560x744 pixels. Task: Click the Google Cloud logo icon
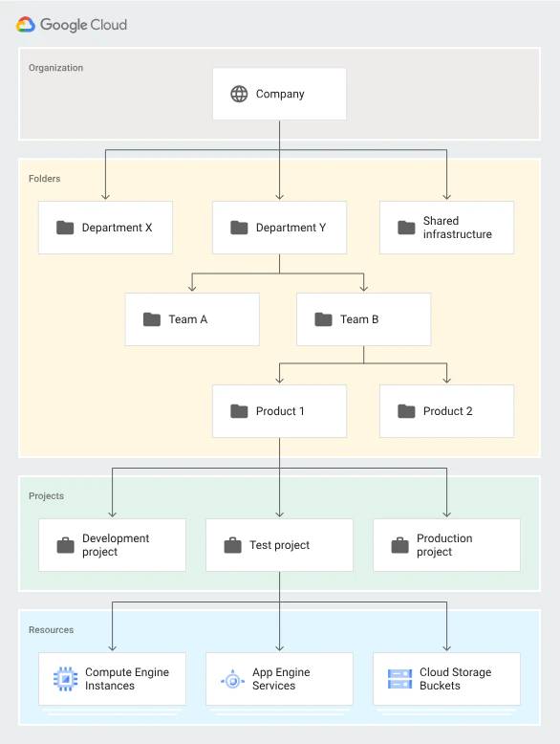(x=26, y=24)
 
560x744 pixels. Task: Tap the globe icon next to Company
(x=239, y=94)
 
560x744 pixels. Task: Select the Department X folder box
(x=105, y=228)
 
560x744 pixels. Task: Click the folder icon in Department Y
(x=239, y=228)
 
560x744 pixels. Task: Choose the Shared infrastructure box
(x=446, y=228)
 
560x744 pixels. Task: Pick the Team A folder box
(x=192, y=319)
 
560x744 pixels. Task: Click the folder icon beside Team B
(x=323, y=319)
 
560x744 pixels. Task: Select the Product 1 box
(x=279, y=411)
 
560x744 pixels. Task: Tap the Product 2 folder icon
(x=406, y=411)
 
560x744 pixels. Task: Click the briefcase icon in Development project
(x=65, y=545)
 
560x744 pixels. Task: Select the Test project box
(x=279, y=545)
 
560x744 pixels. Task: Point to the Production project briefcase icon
(x=399, y=545)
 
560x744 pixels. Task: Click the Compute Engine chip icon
(x=65, y=679)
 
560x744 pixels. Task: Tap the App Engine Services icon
(x=232, y=680)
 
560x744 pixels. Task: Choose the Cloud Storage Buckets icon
(x=399, y=679)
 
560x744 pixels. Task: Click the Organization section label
(x=56, y=68)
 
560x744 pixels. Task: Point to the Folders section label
(x=45, y=179)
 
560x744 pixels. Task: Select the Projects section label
(x=46, y=496)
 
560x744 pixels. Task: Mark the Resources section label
(x=52, y=629)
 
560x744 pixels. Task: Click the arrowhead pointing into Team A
(x=192, y=289)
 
